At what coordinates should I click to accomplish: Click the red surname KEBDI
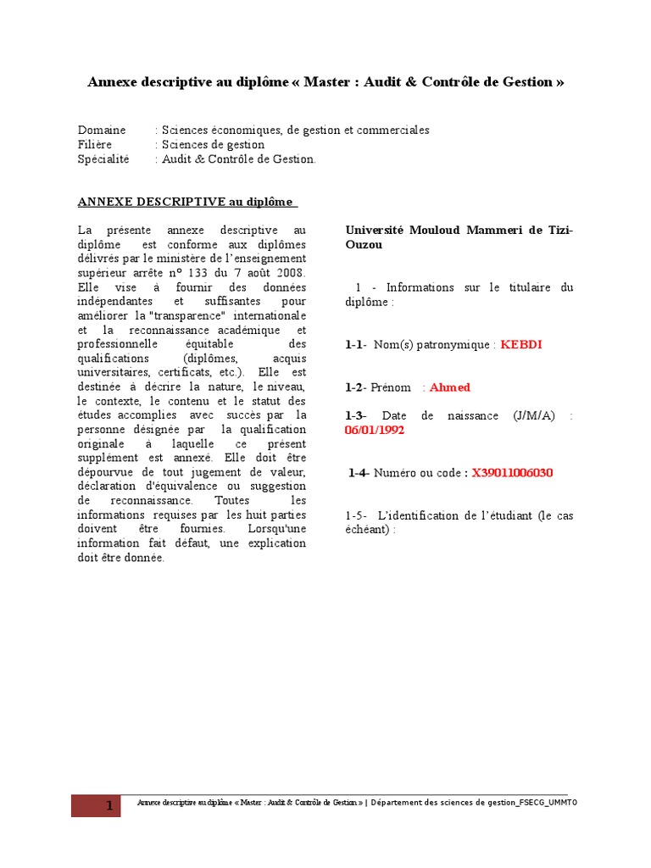[521, 345]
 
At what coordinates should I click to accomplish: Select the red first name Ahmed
[449, 387]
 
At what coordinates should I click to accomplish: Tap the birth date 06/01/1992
[375, 430]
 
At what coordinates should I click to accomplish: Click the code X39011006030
[512, 473]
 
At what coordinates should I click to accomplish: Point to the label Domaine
[102, 131]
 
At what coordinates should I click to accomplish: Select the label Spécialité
[104, 159]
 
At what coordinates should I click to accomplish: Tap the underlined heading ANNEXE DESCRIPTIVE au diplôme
[187, 202]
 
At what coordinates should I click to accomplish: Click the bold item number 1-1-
[356, 345]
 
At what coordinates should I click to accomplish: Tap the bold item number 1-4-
[359, 473]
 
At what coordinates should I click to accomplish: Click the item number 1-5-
[356, 515]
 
